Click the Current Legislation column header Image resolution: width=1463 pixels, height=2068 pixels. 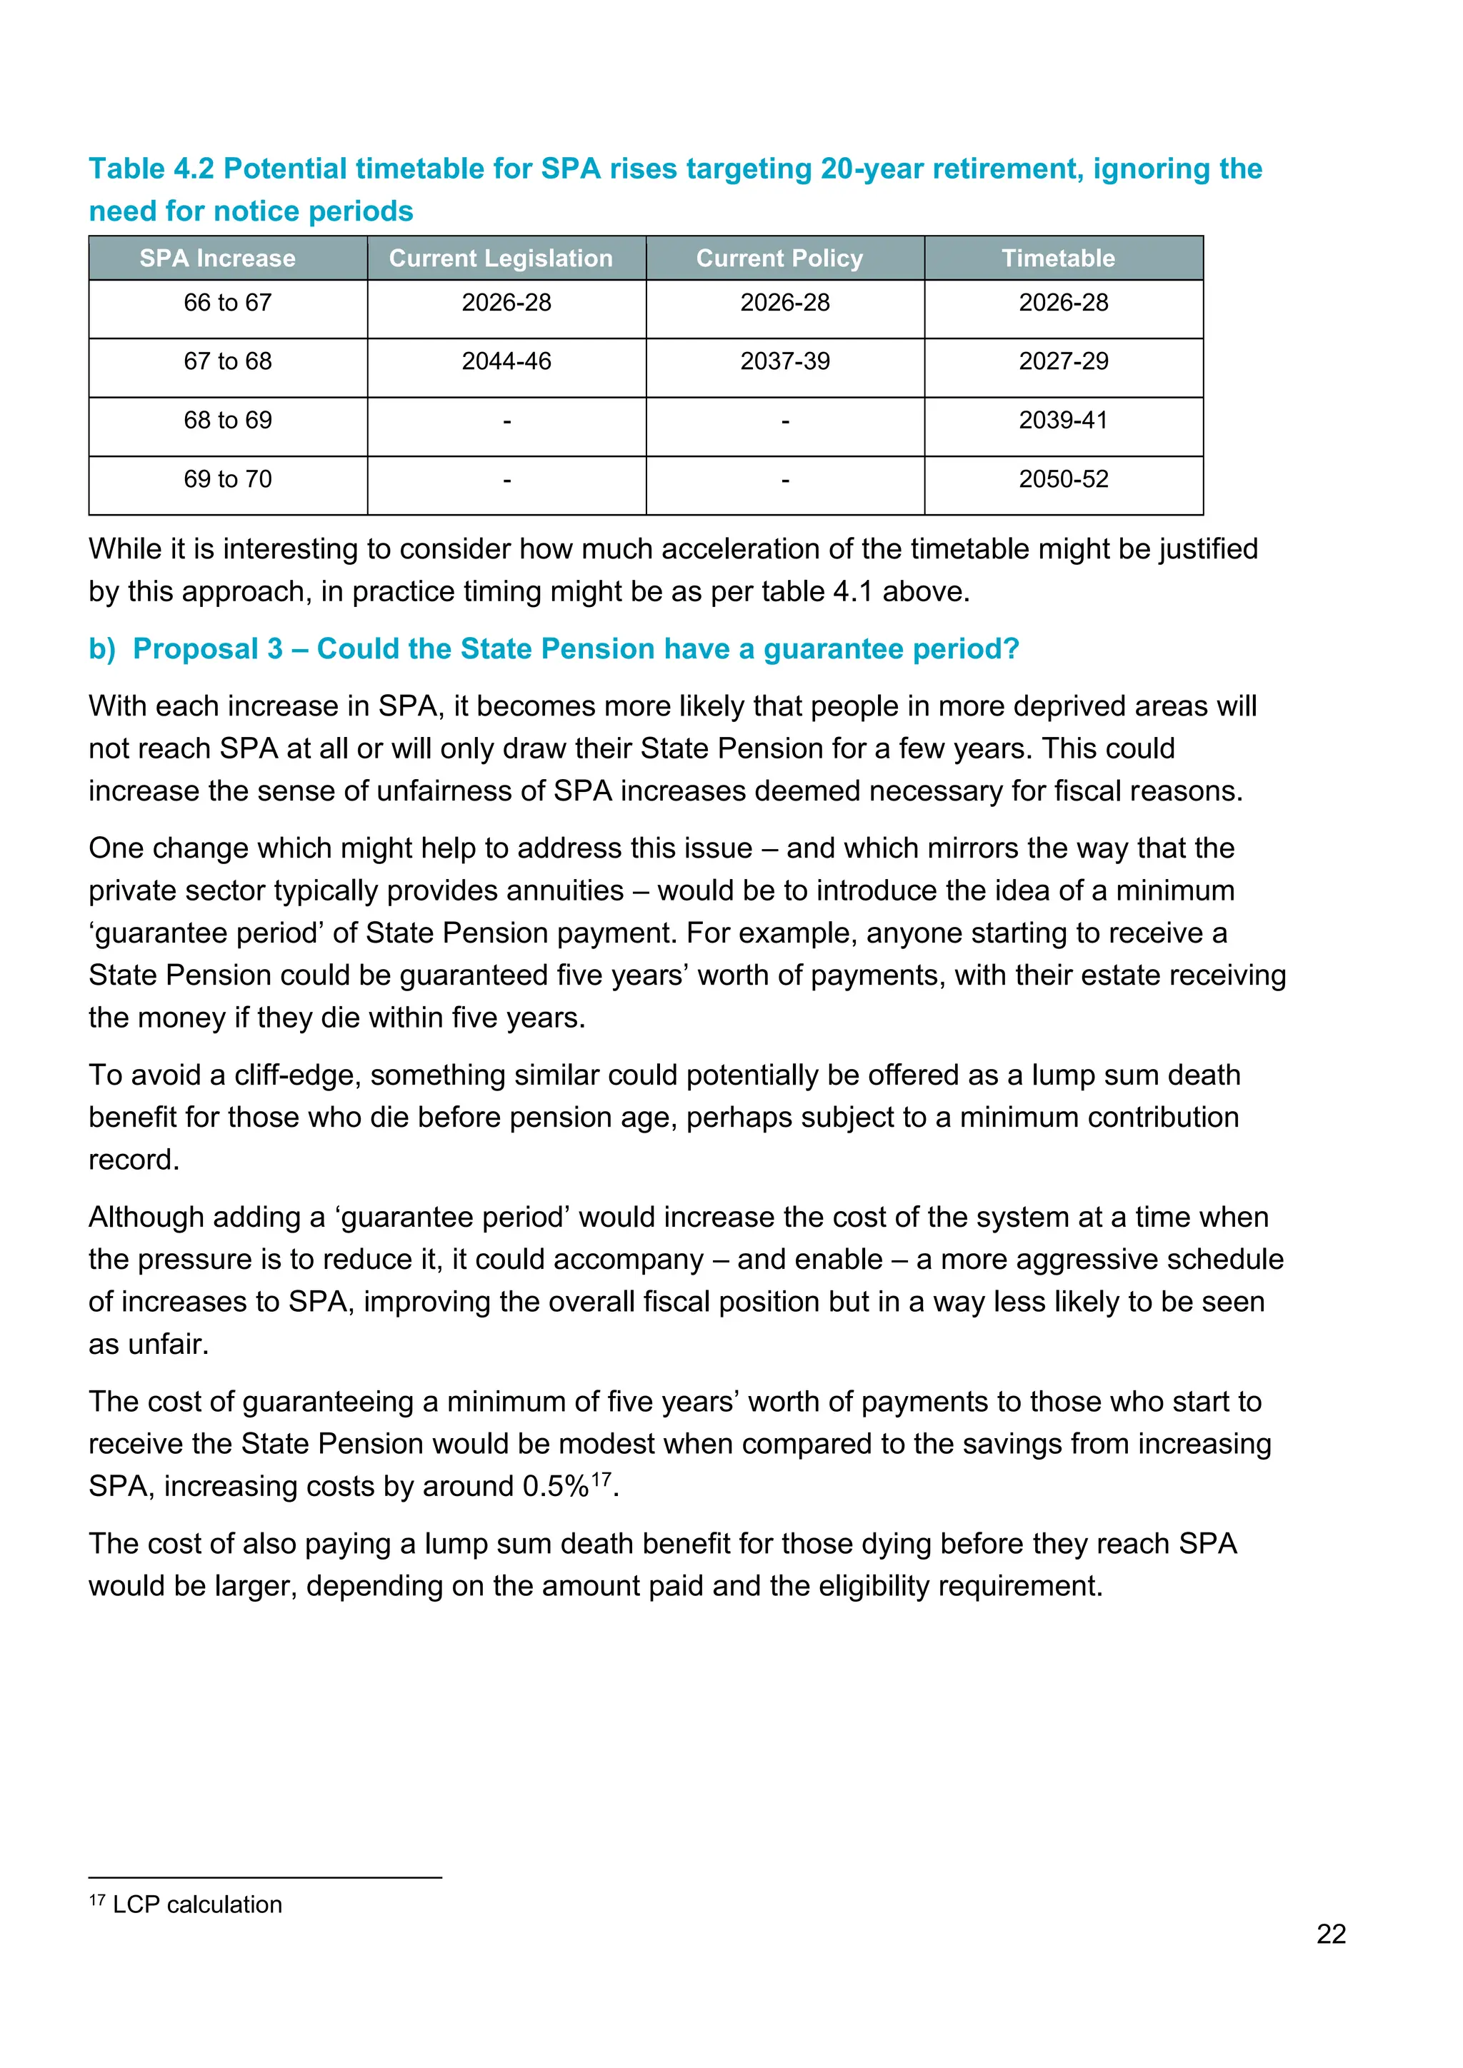[501, 258]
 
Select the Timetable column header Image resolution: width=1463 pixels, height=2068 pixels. [1058, 258]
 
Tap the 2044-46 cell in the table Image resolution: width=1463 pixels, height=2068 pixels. [506, 361]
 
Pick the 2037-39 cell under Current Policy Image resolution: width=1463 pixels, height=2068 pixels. [784, 361]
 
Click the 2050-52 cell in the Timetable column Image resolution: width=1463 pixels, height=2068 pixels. [1063, 479]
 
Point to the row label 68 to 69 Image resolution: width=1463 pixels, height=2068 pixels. [228, 421]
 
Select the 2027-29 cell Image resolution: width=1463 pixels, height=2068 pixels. [1063, 361]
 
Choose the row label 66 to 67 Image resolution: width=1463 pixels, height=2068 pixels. [228, 303]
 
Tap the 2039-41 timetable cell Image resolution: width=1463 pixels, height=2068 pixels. [1063, 421]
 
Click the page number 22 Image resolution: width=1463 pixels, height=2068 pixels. [1331, 1934]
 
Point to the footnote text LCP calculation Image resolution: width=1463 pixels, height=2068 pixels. [196, 1904]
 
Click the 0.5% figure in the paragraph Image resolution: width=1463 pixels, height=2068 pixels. [555, 1486]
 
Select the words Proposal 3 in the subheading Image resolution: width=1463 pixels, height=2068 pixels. [207, 648]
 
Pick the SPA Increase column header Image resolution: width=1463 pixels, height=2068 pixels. [217, 258]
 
